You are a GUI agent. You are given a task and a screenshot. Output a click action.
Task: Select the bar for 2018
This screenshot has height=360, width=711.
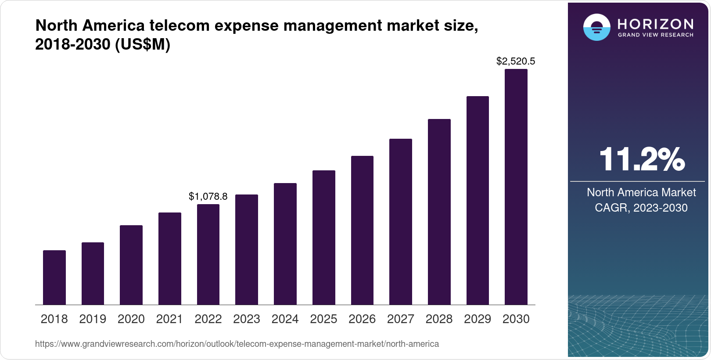pos(54,277)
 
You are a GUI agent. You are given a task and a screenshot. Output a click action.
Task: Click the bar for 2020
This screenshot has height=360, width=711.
pos(131,265)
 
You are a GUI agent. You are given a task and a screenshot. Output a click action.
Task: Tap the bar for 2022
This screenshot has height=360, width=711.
pos(208,254)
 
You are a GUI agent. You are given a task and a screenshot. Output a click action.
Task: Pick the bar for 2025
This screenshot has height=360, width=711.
pos(323,238)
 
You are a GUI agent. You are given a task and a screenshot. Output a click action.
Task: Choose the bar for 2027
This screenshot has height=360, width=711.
pos(400,222)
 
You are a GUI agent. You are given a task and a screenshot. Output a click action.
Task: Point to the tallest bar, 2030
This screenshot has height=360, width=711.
pos(516,187)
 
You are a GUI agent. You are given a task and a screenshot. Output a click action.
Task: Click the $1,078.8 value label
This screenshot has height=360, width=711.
pos(208,196)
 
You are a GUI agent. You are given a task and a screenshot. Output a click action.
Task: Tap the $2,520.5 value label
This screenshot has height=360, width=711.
pos(516,61)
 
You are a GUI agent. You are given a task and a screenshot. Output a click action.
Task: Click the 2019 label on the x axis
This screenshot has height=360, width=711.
pos(93,319)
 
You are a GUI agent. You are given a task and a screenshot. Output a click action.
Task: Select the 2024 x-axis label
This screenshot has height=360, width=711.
pos(285,319)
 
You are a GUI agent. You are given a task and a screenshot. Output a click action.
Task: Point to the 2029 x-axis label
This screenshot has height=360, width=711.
pos(478,319)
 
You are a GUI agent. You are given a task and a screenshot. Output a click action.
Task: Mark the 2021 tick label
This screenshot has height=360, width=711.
pos(169,319)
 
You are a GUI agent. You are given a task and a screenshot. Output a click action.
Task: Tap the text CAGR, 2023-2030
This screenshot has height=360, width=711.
pos(641,208)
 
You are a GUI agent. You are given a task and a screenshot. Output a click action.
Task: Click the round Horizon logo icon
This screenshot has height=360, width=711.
pos(596,27)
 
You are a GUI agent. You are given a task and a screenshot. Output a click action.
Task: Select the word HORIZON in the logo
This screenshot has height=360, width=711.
pos(655,24)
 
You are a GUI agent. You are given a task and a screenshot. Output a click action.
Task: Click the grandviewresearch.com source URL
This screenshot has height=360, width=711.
pos(237,344)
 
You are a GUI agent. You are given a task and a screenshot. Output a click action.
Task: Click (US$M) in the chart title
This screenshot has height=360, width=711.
pos(143,44)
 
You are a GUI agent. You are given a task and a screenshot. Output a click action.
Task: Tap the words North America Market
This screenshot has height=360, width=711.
pos(641,192)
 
